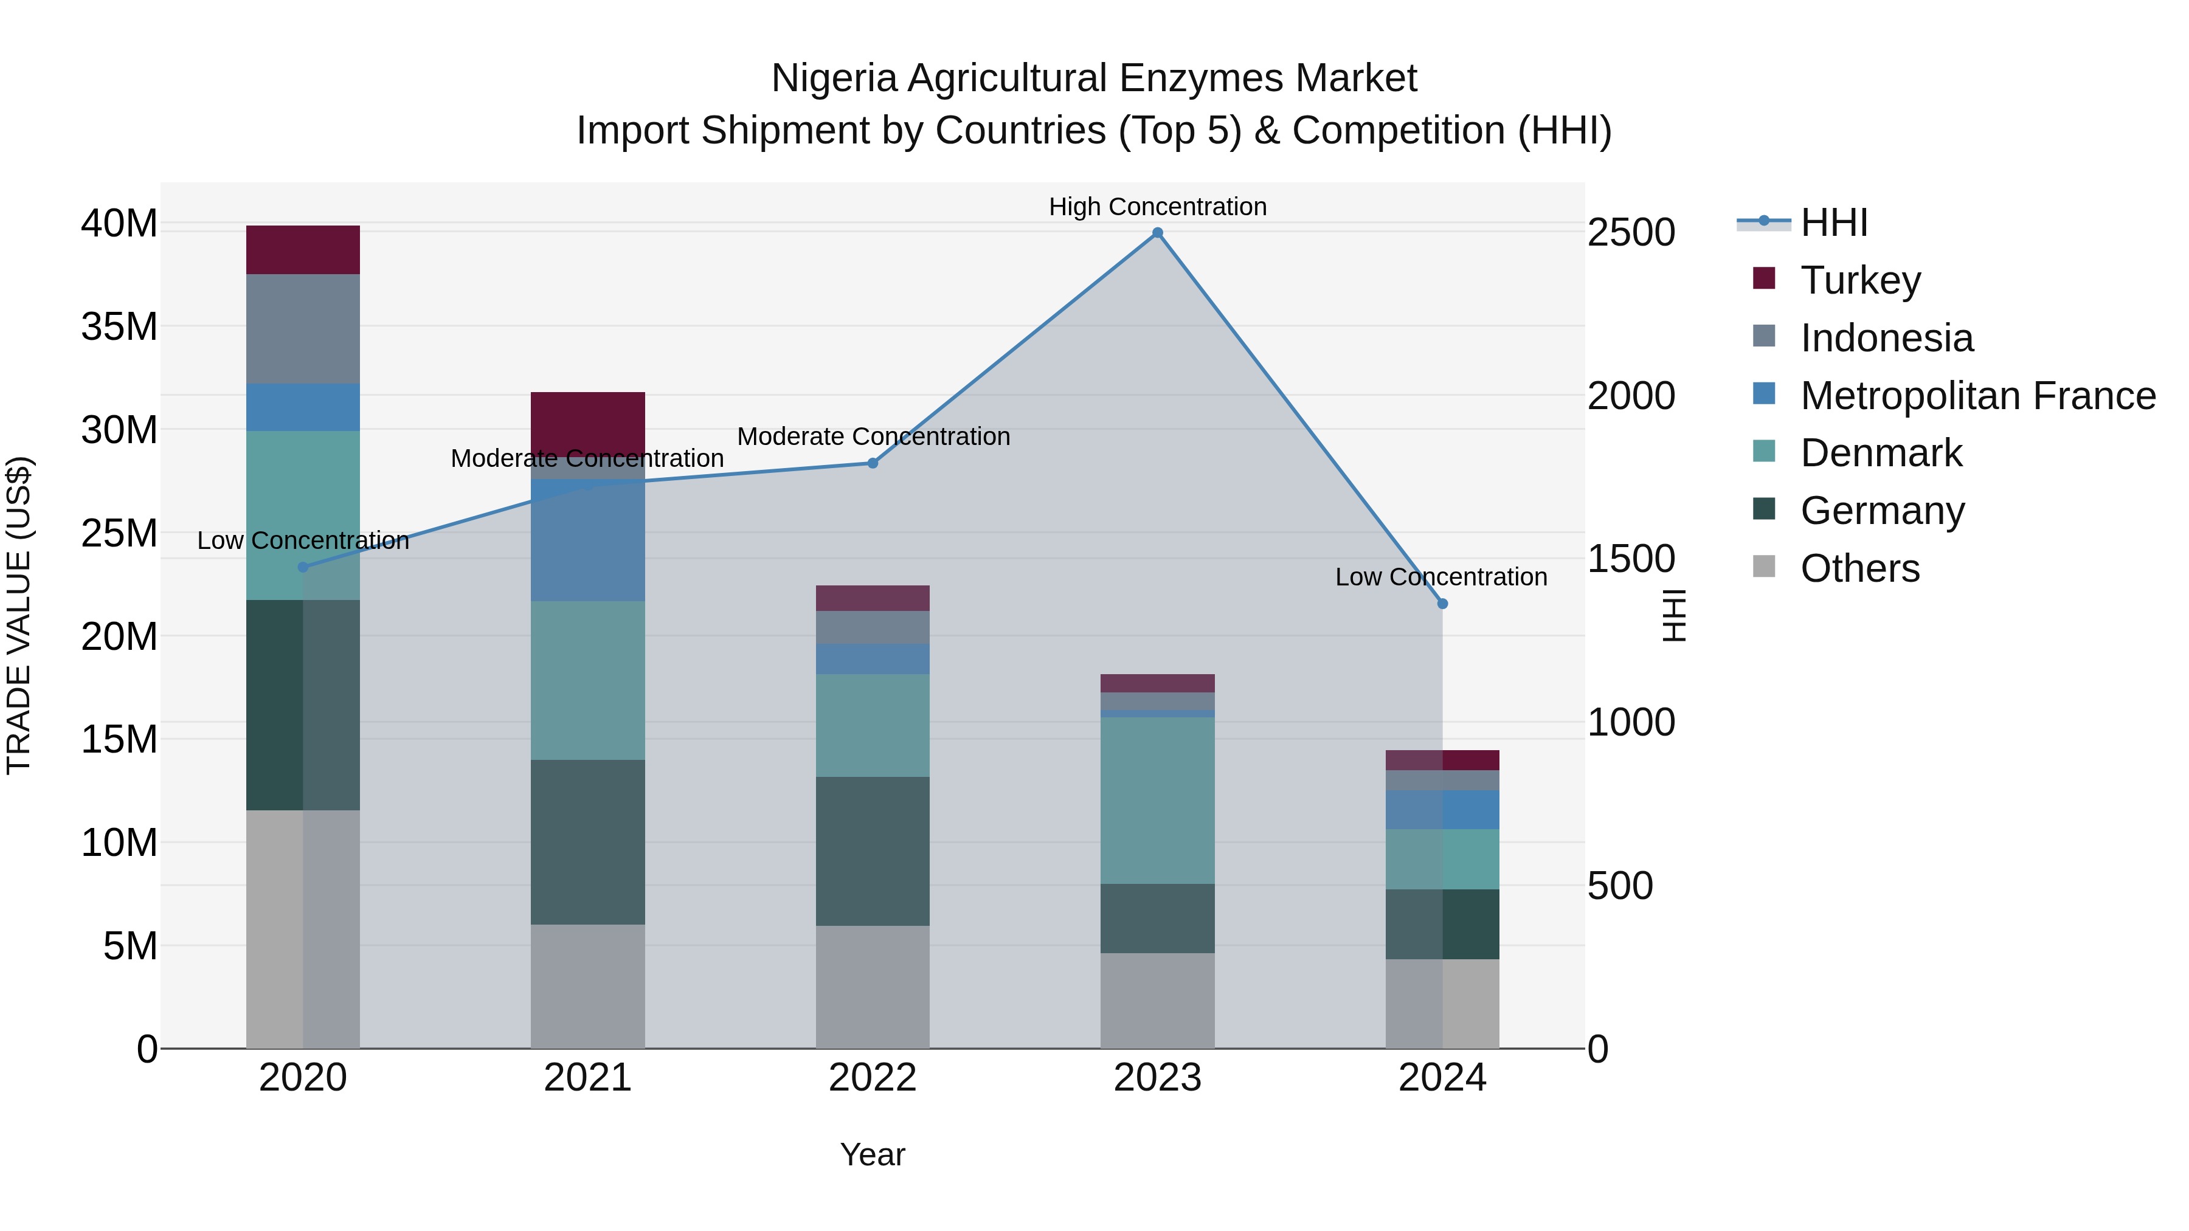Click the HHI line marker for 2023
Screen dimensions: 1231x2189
coord(1157,233)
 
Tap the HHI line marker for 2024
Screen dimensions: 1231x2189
coord(1442,604)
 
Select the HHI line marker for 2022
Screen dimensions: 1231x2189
coord(873,463)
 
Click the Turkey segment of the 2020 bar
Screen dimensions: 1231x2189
coord(303,250)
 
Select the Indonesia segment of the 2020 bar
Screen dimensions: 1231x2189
coord(303,329)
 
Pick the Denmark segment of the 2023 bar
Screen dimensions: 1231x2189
coord(1157,800)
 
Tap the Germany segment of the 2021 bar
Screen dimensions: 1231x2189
coord(587,842)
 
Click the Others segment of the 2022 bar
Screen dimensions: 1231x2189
coord(873,987)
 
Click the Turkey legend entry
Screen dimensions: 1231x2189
coord(1860,280)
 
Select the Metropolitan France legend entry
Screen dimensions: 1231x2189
coord(1977,396)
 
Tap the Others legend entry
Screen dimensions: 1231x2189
coord(1859,568)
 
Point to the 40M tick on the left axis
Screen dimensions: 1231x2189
coord(119,224)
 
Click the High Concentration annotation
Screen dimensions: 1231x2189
coord(1157,207)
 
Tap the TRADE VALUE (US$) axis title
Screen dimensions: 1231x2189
coord(19,615)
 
